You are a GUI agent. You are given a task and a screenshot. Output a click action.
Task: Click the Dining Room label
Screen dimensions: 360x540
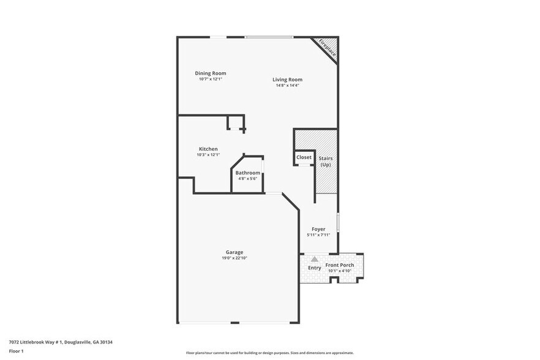click(210, 73)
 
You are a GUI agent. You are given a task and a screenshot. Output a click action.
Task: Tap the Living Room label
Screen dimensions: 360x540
click(287, 80)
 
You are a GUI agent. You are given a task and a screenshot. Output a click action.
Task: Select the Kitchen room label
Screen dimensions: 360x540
click(208, 149)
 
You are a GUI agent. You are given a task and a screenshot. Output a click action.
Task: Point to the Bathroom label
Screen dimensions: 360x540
click(248, 173)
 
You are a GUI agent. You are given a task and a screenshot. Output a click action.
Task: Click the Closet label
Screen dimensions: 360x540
click(304, 157)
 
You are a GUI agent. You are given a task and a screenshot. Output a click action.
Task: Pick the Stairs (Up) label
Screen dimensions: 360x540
click(326, 162)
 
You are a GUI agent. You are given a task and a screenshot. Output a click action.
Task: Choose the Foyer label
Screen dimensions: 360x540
click(318, 229)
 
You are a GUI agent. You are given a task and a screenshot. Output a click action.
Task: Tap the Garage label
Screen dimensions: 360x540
click(234, 252)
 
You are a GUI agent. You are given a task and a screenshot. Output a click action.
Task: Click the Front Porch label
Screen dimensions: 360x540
click(339, 265)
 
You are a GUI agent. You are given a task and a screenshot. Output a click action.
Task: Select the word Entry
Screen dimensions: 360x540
click(314, 268)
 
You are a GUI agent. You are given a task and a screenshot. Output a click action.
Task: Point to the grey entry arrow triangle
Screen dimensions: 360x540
click(315, 259)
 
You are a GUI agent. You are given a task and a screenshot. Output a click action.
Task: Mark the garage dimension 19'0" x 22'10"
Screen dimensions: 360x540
click(234, 258)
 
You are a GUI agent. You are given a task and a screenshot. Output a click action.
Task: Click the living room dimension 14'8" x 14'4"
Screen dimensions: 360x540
click(287, 85)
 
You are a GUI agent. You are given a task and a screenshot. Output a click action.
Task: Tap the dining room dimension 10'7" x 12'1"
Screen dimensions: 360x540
click(210, 79)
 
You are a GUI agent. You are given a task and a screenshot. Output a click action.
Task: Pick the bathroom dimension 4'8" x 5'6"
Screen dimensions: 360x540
click(248, 179)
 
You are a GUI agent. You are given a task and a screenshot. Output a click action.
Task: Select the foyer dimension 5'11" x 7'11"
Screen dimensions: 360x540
click(318, 234)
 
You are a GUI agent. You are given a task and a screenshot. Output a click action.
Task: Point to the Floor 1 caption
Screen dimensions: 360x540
click(16, 351)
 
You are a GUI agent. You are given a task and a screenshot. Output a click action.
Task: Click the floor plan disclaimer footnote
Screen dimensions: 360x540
click(269, 353)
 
